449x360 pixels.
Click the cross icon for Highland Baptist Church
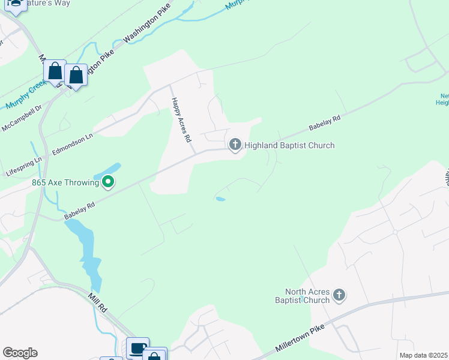[x=235, y=144]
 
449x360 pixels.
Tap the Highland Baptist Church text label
[x=289, y=145]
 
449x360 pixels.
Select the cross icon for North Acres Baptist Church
[x=339, y=295]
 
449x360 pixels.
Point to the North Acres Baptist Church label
[x=303, y=296]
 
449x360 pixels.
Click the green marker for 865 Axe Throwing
[x=108, y=181]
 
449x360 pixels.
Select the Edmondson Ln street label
[x=73, y=145]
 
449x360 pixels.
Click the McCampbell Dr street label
[x=22, y=119]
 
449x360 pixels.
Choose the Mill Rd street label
[x=97, y=302]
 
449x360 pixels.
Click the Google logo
[x=20, y=353]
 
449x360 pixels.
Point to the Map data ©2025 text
[x=424, y=355]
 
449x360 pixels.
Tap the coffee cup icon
[x=137, y=347]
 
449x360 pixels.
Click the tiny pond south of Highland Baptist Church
[x=220, y=199]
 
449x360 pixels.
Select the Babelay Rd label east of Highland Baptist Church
[x=325, y=124]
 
